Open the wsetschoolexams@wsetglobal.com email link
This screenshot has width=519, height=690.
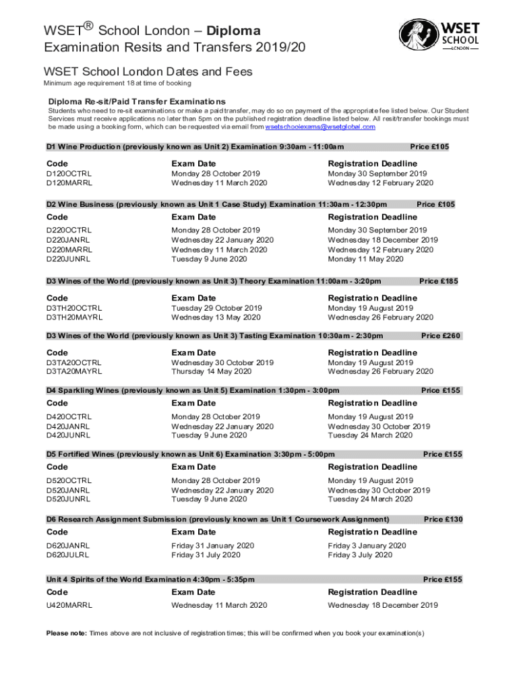tap(320, 127)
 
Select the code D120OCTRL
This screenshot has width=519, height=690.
tap(69, 174)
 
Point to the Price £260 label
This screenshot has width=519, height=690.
tap(441, 336)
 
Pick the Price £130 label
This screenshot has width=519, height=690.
tap(443, 519)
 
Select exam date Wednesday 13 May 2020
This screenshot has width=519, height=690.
tap(216, 317)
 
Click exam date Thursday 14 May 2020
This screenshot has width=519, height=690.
tap(212, 371)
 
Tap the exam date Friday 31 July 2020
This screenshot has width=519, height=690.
tap(206, 555)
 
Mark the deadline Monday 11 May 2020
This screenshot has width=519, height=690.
tap(365, 259)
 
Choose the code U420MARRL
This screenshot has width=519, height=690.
tap(69, 605)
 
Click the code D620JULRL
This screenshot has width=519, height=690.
tap(67, 555)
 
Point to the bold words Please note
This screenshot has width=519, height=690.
tap(66, 633)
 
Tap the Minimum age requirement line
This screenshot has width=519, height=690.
tap(117, 84)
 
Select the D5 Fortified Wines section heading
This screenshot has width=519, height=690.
tap(190, 454)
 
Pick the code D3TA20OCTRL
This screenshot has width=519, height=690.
tap(74, 363)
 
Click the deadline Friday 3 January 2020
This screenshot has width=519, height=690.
tap(367, 546)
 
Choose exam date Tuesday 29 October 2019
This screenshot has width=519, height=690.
tap(216, 308)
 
